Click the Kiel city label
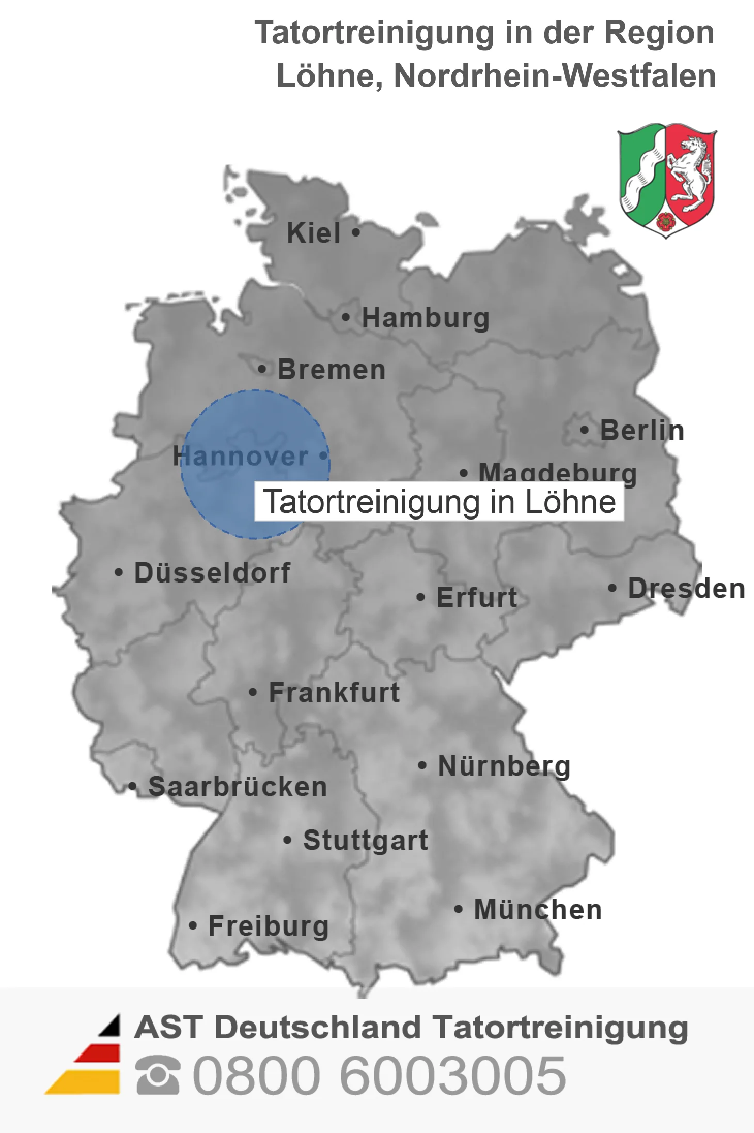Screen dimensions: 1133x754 click(313, 233)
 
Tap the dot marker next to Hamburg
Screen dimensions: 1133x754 click(345, 317)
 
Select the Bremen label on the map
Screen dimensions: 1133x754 click(332, 370)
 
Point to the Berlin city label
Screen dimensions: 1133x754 click(642, 430)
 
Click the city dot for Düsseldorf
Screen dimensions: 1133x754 click(119, 573)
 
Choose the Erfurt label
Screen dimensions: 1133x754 click(477, 597)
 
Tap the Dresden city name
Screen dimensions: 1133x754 click(686, 588)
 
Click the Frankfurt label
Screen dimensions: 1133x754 click(334, 693)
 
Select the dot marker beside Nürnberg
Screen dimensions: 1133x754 click(422, 765)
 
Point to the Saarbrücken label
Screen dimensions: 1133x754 click(238, 787)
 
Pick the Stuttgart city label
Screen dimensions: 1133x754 click(365, 840)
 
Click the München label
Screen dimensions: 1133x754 click(538, 909)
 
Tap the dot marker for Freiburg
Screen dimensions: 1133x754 click(193, 926)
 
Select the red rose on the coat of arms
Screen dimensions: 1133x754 click(666, 221)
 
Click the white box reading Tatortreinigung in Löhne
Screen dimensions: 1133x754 click(439, 501)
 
